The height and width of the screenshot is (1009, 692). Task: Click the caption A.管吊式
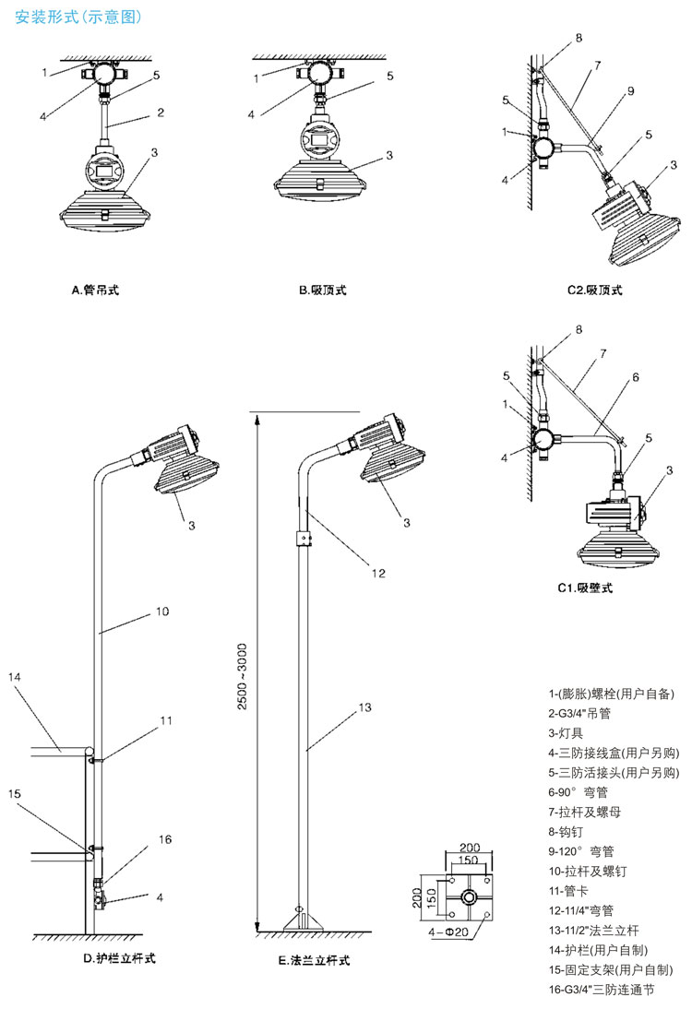[95, 291]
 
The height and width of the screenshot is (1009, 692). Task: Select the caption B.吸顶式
[322, 291]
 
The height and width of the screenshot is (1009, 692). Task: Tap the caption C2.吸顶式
[594, 291]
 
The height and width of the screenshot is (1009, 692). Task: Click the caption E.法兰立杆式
[314, 960]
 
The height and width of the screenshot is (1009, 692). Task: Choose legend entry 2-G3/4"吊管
[579, 713]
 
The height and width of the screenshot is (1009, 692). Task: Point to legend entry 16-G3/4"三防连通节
[601, 991]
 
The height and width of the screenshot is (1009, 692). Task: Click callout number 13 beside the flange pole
[364, 707]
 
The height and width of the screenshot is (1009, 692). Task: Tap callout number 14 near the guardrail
[14, 676]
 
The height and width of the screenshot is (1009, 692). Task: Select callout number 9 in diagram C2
[630, 90]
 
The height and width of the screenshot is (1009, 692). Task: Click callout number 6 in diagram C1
[636, 377]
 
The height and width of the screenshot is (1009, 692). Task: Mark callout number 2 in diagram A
[161, 113]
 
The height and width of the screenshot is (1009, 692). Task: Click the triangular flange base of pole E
[299, 920]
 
